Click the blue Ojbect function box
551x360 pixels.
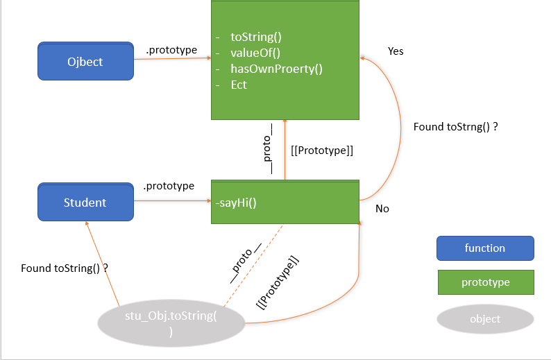click(x=85, y=61)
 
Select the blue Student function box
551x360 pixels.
click(x=85, y=203)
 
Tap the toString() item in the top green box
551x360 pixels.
click(x=256, y=37)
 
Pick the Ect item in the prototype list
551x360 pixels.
click(x=239, y=85)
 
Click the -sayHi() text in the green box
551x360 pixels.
click(x=236, y=203)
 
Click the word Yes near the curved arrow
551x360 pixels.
click(x=396, y=51)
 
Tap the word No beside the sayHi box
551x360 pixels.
click(x=382, y=208)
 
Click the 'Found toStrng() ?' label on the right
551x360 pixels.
click(x=456, y=127)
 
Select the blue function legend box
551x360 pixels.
click(x=485, y=248)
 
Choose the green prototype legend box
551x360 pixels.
click(x=485, y=282)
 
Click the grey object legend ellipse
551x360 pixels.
click(x=485, y=319)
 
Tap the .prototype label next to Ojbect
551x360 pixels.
click(x=171, y=50)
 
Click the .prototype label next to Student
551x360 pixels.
click(x=168, y=186)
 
